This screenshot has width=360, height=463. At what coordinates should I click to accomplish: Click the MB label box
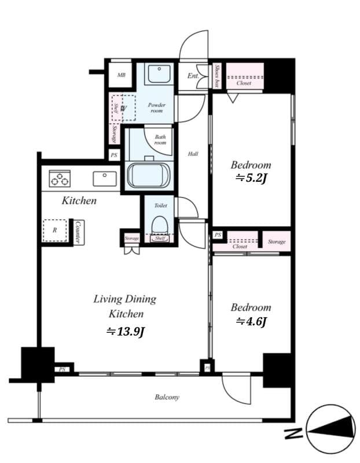click(122, 75)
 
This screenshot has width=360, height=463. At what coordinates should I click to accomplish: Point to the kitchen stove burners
click(59, 178)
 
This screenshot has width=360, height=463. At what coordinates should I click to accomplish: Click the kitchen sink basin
click(105, 179)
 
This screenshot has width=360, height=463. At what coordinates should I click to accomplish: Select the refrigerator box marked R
click(54, 230)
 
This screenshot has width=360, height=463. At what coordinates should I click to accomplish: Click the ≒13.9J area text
click(125, 332)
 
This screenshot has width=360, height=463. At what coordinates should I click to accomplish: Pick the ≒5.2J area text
click(251, 178)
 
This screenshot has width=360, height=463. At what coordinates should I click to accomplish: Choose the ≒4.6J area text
click(251, 322)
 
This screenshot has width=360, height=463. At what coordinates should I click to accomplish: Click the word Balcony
click(167, 397)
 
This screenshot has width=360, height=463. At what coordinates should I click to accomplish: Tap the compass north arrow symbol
click(330, 429)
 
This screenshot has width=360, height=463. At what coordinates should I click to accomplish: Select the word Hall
click(193, 154)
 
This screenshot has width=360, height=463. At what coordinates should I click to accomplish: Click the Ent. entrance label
click(193, 75)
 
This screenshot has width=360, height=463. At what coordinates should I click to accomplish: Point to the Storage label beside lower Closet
click(277, 241)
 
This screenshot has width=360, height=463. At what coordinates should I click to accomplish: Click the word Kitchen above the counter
click(79, 201)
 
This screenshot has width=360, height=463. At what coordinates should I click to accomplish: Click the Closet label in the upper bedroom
click(244, 83)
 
